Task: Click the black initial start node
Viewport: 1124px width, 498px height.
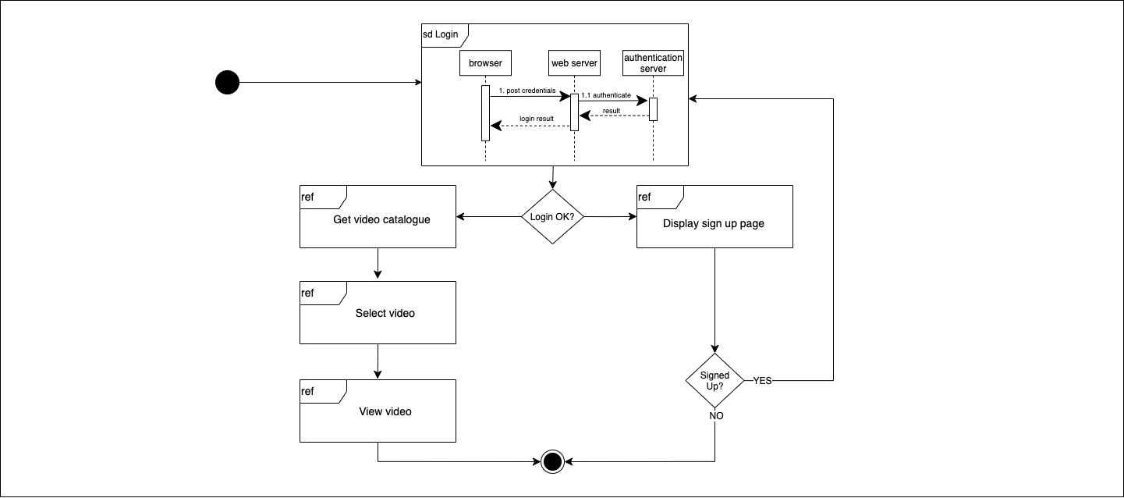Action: tap(227, 82)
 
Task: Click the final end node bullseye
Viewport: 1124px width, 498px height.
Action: tap(552, 462)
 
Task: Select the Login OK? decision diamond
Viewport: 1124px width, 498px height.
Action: tap(552, 216)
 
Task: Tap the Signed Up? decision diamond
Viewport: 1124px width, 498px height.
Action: tap(715, 381)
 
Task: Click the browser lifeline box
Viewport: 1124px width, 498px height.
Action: tap(485, 62)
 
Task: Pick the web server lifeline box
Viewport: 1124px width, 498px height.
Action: tap(574, 62)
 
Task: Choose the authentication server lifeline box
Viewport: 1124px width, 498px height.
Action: tap(653, 62)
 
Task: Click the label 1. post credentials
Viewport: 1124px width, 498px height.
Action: tap(527, 91)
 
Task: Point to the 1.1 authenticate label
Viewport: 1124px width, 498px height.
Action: tap(605, 95)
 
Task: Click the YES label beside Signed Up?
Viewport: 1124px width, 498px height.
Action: tap(762, 381)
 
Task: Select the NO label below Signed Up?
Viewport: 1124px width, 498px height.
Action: tap(716, 416)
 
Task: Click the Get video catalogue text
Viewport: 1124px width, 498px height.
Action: tap(381, 219)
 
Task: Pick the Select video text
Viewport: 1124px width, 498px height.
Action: tap(385, 313)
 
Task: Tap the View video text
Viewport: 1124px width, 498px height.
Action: tap(385, 411)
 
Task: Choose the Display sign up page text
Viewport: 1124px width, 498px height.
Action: tap(714, 223)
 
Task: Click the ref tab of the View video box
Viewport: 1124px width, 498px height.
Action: tap(308, 391)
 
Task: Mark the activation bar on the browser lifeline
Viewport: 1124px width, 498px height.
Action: tap(485, 112)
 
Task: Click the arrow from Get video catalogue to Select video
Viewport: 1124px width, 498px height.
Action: tap(378, 264)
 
